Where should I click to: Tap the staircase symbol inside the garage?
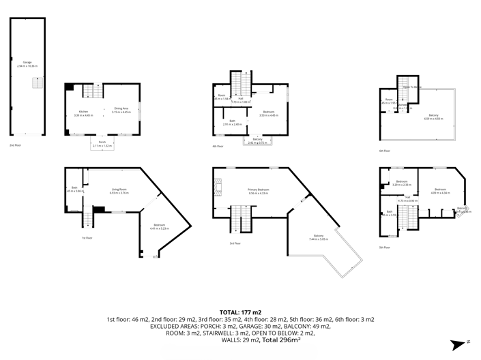tap(37, 83)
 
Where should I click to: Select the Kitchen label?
tap(83, 112)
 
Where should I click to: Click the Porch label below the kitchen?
tap(102, 144)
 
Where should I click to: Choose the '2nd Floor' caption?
tap(15, 146)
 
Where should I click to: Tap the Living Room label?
tap(119, 192)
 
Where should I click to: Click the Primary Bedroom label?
tap(259, 192)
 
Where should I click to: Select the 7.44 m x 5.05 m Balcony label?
tap(318, 238)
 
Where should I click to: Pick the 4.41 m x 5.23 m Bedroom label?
tap(160, 226)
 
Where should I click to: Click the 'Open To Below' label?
tap(411, 87)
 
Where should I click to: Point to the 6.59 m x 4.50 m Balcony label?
tap(433, 117)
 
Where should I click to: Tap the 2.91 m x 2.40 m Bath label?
tap(232, 123)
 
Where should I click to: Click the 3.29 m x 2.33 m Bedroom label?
tap(401, 183)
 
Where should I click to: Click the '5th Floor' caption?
tap(384, 247)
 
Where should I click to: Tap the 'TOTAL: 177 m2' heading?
tap(240, 311)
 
